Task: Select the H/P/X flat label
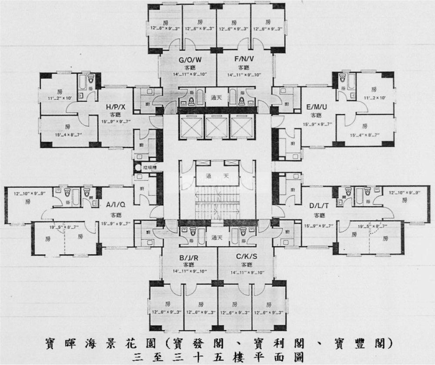click(115, 107)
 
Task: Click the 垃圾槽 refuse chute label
click(147, 167)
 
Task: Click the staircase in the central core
click(217, 202)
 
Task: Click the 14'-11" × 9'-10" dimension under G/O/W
click(189, 75)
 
